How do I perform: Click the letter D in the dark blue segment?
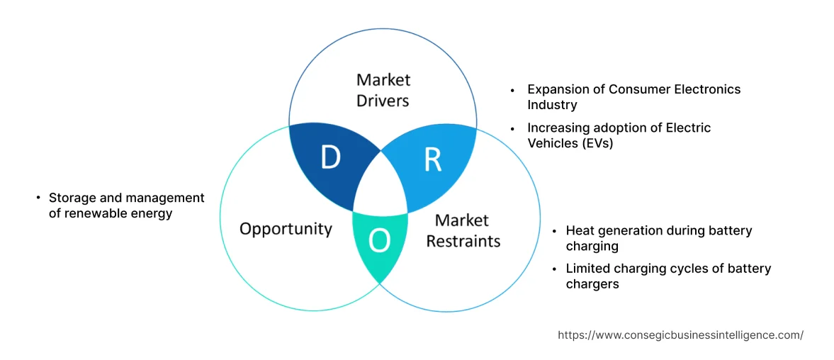coord(330,158)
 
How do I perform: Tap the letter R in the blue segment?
coord(432,160)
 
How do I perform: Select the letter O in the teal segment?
coord(380,242)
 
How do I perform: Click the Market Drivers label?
coord(383,90)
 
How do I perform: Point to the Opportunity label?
coord(286,228)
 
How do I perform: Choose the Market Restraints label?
coord(463,230)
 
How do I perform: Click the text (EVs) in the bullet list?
coord(598,142)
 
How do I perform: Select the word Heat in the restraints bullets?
coord(580,230)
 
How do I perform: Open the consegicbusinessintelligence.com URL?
coord(680,335)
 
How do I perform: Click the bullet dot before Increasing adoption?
coord(513,128)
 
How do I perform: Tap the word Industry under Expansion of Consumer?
coord(552,105)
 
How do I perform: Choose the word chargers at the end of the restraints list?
coord(592,284)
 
